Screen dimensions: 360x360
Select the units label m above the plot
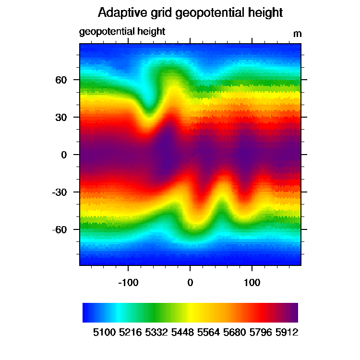coord(298,34)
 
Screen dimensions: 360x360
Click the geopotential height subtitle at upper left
coord(122,32)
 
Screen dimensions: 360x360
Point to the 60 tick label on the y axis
coord(61,80)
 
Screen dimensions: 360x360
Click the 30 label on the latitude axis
coord(61,117)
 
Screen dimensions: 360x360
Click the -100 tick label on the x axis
coord(128,283)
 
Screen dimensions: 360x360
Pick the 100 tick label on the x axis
coord(252,283)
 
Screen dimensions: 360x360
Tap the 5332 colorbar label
coord(156,333)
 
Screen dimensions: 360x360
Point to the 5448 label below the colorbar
coord(182,333)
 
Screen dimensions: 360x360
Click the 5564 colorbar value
coord(208,333)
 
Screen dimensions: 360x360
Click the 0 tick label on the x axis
coord(190,283)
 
